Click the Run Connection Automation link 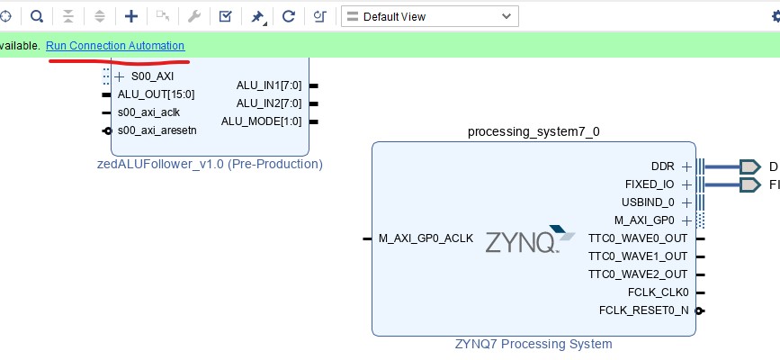pos(115,46)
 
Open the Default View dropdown pos(429,16)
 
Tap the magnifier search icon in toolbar pos(37,16)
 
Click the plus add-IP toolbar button pos(131,16)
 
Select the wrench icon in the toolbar pos(193,16)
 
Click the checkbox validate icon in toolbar pos(226,16)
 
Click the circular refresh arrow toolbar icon pos(289,16)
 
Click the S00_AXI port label pos(151,76)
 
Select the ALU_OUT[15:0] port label pos(156,94)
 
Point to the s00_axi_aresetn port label pos(157,130)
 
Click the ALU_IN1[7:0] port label pos(269,85)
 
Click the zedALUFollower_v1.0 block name pos(210,164)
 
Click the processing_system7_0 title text pos(533,131)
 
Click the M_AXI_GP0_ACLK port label pos(426,238)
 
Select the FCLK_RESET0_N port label pos(643,310)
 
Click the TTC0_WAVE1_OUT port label pos(637,256)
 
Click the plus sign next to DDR pos(686,166)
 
